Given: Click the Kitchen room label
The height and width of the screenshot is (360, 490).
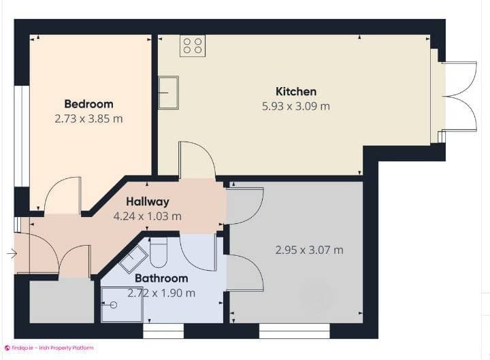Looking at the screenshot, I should point(295,91).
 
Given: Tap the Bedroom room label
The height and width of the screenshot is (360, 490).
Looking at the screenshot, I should point(88,104).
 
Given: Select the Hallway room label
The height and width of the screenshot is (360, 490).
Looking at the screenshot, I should point(147,201).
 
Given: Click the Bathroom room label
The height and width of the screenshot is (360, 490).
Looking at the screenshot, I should point(161,278).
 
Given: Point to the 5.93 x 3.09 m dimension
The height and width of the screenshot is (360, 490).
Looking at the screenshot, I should point(295,106).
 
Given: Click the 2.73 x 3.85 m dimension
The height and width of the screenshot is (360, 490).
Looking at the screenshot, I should point(88,118).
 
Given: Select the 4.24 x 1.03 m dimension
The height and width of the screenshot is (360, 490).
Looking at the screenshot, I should point(147,216).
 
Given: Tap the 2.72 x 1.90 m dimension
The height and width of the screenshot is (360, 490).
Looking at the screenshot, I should point(161,293).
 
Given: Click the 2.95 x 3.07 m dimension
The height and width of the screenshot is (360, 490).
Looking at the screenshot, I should point(309,250).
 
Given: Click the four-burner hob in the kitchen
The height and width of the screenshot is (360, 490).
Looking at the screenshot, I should point(193,46).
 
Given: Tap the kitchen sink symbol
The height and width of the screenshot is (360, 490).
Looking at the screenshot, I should point(168,92).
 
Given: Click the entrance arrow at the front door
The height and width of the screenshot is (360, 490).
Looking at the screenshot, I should point(12,254).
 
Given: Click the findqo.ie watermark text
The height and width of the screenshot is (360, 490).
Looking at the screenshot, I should point(52,348).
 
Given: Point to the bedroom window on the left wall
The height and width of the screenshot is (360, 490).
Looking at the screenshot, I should point(22,135).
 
